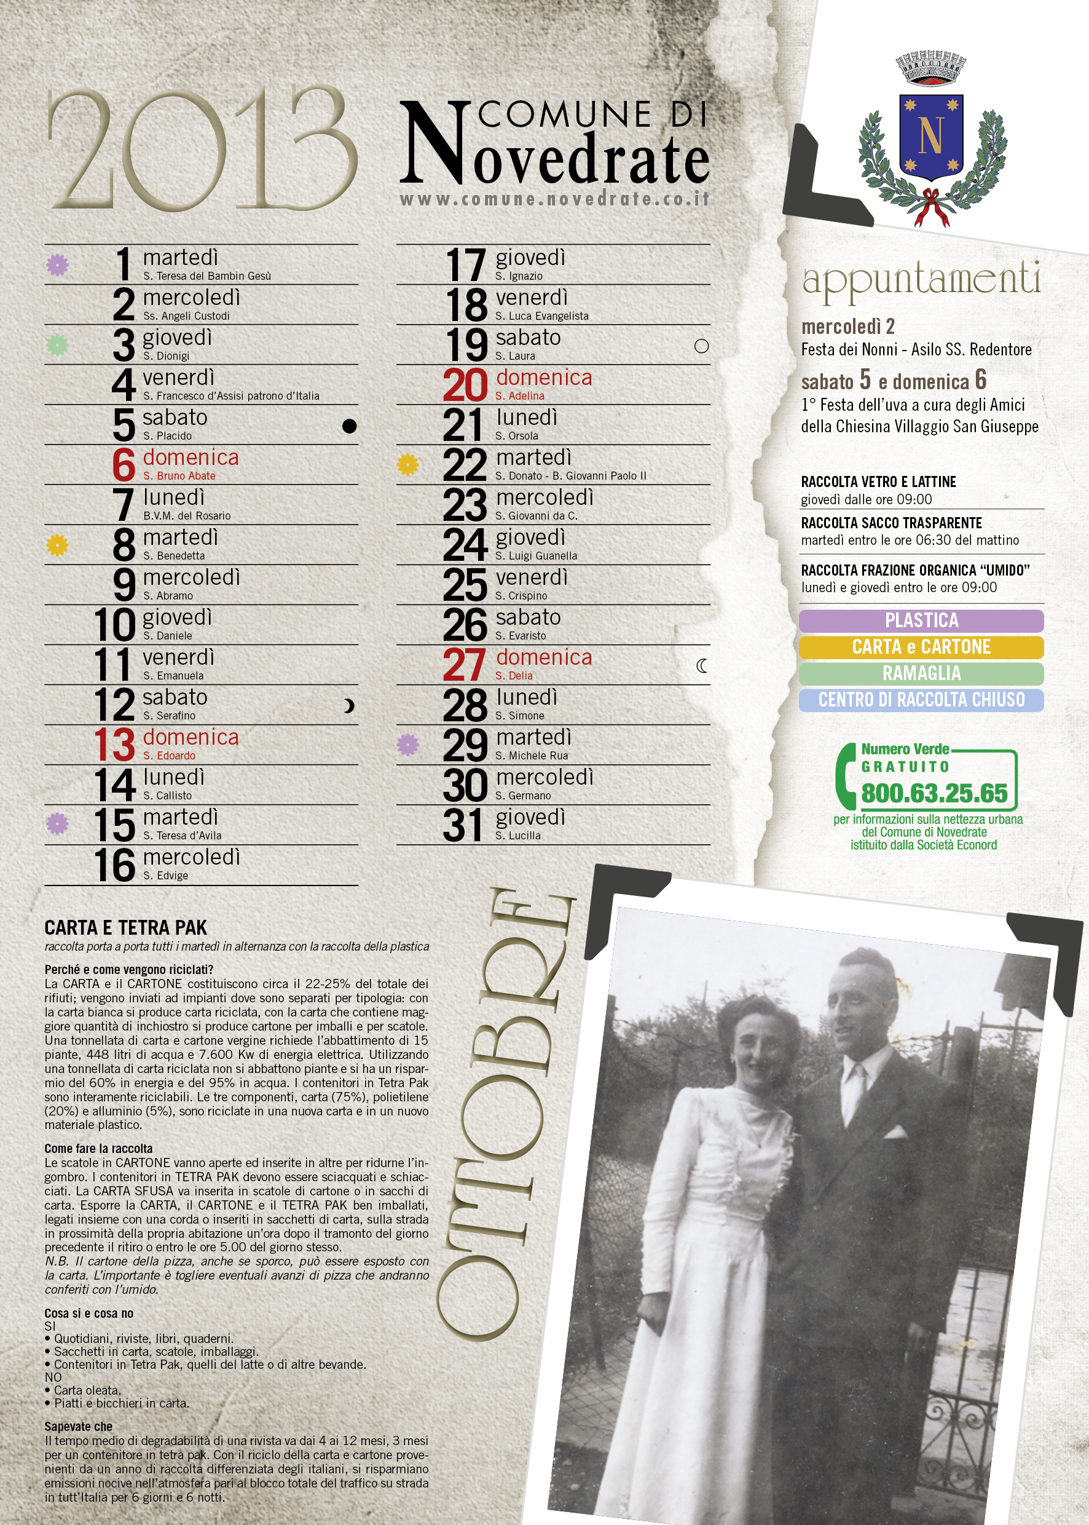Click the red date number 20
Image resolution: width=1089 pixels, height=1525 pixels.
[x=465, y=385]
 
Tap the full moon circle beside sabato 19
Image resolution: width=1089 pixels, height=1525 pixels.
[x=701, y=346]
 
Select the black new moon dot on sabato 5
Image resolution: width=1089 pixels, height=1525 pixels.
[x=349, y=426]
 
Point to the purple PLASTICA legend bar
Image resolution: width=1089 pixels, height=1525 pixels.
[x=921, y=620]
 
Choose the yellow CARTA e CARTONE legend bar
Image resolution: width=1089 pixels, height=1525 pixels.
[x=921, y=648]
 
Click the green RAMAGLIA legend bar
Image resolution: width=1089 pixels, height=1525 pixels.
[x=921, y=673]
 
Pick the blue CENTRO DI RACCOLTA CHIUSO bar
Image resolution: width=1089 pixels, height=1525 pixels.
[x=921, y=700]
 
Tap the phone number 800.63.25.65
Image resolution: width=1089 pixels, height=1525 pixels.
[x=934, y=794]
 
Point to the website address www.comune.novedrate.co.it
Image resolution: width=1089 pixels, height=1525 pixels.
[x=554, y=199]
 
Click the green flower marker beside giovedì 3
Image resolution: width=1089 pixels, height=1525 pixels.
[x=58, y=346]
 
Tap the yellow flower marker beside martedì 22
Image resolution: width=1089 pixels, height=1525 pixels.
[x=407, y=464]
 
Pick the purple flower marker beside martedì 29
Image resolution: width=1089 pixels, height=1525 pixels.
[x=407, y=744]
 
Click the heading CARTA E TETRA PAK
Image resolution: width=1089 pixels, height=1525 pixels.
[x=125, y=928]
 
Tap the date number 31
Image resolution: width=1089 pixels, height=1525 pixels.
[x=463, y=825]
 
